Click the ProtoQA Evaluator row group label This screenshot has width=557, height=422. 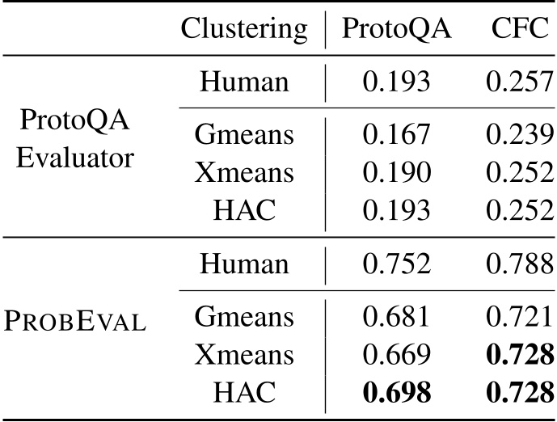(x=74, y=138)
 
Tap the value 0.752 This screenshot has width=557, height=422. (x=396, y=264)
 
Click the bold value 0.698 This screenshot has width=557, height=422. (x=396, y=392)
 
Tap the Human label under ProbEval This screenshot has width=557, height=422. (x=244, y=264)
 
